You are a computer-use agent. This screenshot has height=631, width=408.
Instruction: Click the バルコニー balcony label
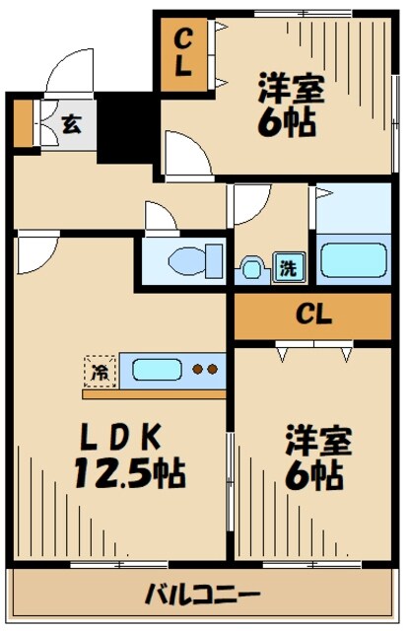pyautogui.click(x=202, y=595)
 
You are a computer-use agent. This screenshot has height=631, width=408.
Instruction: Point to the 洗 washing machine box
pyautogui.click(x=284, y=267)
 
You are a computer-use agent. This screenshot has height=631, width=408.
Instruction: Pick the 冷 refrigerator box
pyautogui.click(x=99, y=372)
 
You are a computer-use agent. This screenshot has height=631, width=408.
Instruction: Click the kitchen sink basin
pyautogui.click(x=157, y=371)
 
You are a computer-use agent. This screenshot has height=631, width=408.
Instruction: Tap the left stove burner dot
pyautogui.click(x=197, y=371)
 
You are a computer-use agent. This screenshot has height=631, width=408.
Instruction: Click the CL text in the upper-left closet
pyautogui.click(x=185, y=55)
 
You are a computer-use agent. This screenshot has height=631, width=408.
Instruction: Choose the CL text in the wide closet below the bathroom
pyautogui.click(x=315, y=316)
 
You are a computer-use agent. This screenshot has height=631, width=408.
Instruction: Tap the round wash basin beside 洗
pyautogui.click(x=253, y=267)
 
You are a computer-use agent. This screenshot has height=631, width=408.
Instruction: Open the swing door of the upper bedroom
pyautogui.click(x=183, y=153)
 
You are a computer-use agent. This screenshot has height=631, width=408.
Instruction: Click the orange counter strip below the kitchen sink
pyautogui.click(x=154, y=393)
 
